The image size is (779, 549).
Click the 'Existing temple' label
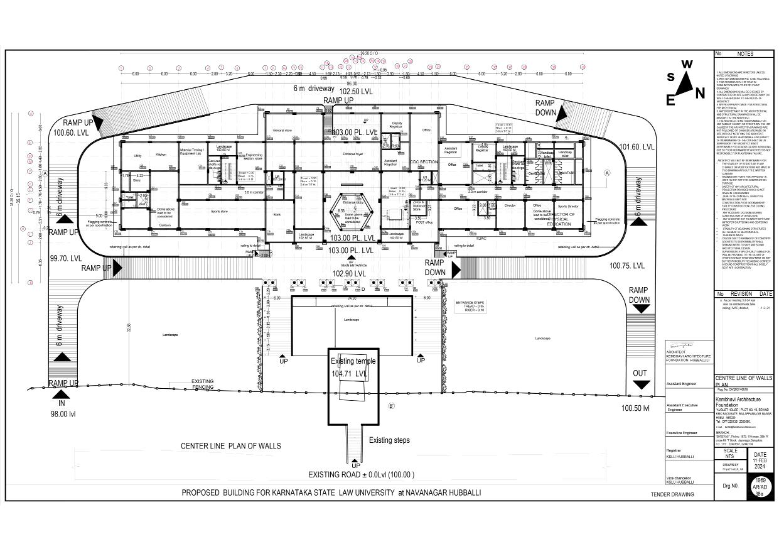coord(353,361)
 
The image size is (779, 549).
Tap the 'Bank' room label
coord(277,215)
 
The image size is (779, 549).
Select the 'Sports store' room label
coord(219,212)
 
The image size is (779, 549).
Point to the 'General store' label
coord(283,131)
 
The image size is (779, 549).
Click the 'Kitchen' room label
coord(161,154)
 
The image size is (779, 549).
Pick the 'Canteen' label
coord(165,225)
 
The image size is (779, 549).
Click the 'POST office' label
coord(424,222)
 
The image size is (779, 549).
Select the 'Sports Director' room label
coord(569,205)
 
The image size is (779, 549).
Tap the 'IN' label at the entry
coord(62,403)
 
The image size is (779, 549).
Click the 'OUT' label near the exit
coord(640,373)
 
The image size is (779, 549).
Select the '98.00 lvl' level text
coord(63,414)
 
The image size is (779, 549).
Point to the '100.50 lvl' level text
coord(638,408)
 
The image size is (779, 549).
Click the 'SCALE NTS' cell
coord(730,454)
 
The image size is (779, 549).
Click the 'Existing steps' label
coord(389,440)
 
